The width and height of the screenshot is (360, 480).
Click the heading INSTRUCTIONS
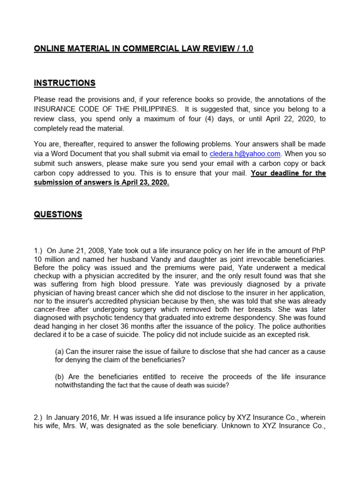click(65, 83)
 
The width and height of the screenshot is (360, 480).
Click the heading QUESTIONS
click(58, 215)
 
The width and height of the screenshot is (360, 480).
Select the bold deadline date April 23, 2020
click(143, 183)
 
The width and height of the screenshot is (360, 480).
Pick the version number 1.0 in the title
click(247, 49)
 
